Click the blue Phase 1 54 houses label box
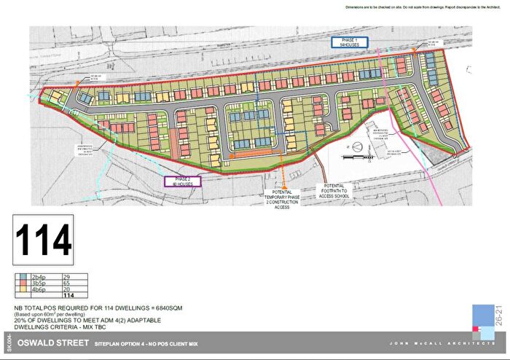coord(350,42)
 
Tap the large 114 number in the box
coord(44,238)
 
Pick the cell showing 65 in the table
coord(68,284)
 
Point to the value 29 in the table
coord(68,278)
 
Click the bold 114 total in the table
coord(71,296)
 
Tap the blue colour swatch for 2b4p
coord(23,278)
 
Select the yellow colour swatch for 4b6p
coord(23,290)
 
